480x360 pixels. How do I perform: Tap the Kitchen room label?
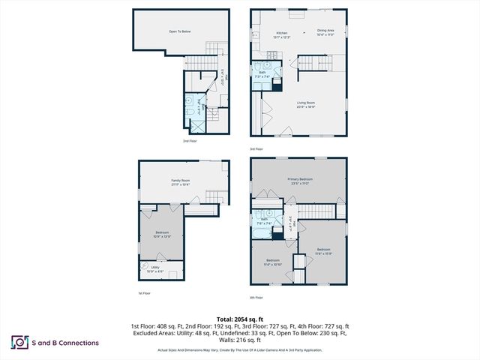(281, 34)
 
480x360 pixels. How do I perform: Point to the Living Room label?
(305, 104)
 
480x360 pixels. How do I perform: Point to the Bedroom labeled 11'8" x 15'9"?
(323, 251)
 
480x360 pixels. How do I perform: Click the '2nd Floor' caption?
(190, 140)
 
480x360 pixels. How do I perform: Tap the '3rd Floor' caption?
(257, 149)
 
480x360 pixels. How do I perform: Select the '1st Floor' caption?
(145, 292)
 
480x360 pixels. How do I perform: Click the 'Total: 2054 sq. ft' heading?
(239, 319)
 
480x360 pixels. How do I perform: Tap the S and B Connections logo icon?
(18, 343)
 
